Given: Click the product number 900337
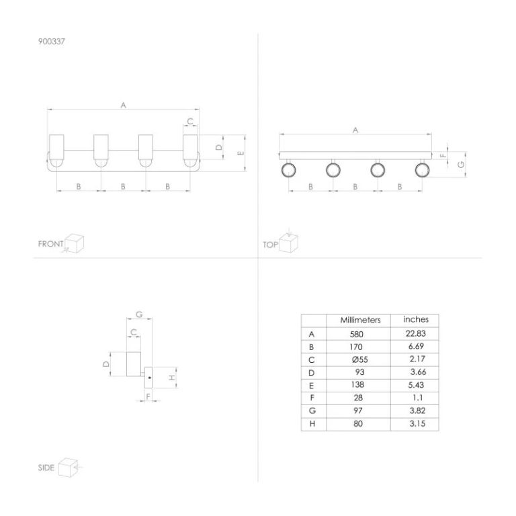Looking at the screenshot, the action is click(x=52, y=42).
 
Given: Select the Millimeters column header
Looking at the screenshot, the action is click(x=360, y=320).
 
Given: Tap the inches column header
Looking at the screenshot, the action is click(x=416, y=320).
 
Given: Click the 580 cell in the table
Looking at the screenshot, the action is click(x=356, y=335).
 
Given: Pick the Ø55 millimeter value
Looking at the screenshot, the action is click(x=359, y=359).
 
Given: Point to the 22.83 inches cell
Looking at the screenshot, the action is click(x=416, y=334).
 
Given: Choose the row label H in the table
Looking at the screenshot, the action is click(x=312, y=424).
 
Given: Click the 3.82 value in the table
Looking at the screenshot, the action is click(x=417, y=411).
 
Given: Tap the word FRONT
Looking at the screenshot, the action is click(x=50, y=244).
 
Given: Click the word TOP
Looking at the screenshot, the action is click(x=270, y=245).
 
